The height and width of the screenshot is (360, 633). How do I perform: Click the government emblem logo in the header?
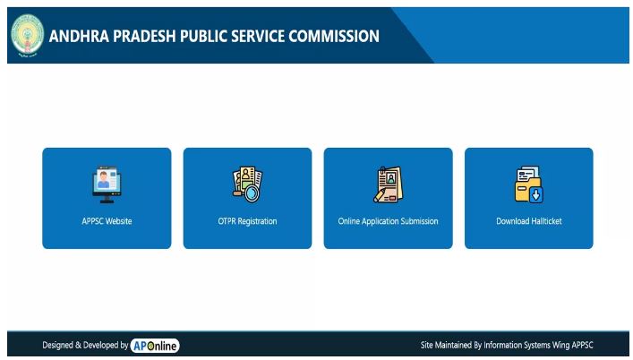click(x=28, y=36)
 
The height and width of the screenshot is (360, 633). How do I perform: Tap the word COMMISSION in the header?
click(x=334, y=37)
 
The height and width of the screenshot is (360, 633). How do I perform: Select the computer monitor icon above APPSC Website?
click(x=107, y=184)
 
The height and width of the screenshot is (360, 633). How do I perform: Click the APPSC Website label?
click(x=107, y=221)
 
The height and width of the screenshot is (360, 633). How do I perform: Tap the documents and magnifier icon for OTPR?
click(x=247, y=184)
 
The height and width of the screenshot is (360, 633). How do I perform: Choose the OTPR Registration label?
click(x=247, y=221)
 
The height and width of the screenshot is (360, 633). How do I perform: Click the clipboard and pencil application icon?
click(x=388, y=184)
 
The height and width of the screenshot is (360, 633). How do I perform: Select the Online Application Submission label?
click(x=388, y=221)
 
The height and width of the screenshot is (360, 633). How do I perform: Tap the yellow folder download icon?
click(x=529, y=184)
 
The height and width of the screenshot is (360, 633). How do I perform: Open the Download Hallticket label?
click(x=529, y=221)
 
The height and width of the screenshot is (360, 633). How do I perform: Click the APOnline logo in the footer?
click(x=155, y=346)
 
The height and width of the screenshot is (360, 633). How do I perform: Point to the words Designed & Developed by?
click(x=85, y=345)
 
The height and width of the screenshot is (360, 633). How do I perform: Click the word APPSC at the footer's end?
click(x=583, y=345)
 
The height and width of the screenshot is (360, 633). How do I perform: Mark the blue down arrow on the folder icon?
click(x=536, y=195)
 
